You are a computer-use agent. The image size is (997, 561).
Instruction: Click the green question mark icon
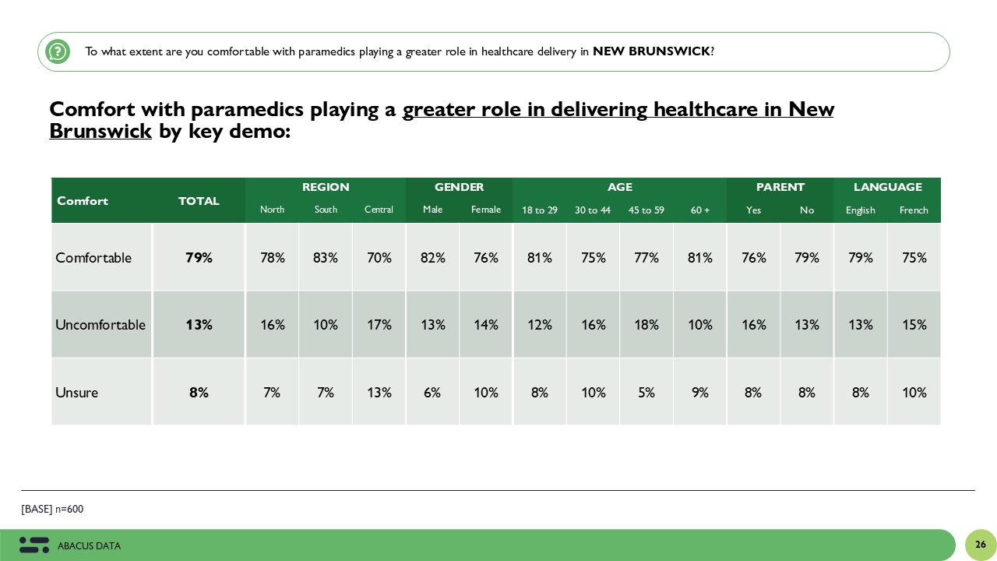click(x=58, y=51)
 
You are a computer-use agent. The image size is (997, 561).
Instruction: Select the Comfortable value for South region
click(x=326, y=258)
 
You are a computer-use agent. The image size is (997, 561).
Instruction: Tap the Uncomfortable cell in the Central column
click(x=379, y=325)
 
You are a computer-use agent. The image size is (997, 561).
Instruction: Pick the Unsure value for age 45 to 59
click(x=646, y=393)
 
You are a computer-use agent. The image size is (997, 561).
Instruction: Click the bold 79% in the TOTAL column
click(x=199, y=258)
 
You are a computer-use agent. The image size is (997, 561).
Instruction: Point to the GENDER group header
click(x=459, y=187)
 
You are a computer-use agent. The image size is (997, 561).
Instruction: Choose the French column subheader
click(x=914, y=210)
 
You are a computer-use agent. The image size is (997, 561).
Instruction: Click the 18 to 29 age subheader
click(x=540, y=210)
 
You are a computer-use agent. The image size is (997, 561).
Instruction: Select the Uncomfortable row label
click(x=100, y=325)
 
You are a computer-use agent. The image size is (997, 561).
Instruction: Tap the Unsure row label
click(x=76, y=393)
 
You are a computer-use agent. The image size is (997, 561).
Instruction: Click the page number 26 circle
click(x=981, y=545)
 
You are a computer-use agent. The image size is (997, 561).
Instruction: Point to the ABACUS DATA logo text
click(x=89, y=546)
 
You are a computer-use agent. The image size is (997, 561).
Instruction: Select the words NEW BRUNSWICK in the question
click(x=651, y=51)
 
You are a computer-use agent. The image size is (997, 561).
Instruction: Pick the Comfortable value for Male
click(x=432, y=258)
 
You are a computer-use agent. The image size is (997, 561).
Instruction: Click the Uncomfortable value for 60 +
click(x=700, y=325)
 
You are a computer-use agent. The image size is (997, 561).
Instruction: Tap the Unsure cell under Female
click(x=486, y=393)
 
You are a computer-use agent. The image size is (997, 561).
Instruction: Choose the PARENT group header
click(x=780, y=187)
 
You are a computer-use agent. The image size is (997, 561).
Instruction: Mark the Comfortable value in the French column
click(x=914, y=258)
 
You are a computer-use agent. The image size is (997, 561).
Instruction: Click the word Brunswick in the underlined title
click(x=100, y=132)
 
